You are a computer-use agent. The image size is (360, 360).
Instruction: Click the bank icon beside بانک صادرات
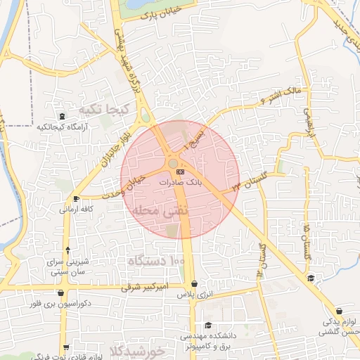(x=181, y=171)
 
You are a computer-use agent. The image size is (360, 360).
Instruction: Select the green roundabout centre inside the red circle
(x=172, y=165)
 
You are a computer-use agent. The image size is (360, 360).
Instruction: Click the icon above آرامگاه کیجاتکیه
(x=62, y=116)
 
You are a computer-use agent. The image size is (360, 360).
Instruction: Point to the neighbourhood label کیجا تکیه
(x=102, y=109)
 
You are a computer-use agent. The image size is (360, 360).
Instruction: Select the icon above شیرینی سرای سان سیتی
(x=67, y=250)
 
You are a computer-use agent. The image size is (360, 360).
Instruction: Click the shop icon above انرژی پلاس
(x=195, y=284)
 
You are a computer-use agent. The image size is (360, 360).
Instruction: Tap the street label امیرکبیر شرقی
(x=146, y=288)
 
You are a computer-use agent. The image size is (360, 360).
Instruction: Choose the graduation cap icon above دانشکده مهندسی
(x=208, y=325)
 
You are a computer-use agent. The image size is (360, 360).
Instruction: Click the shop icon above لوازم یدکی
(x=340, y=311)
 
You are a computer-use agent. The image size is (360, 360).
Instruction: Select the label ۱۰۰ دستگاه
(x=155, y=261)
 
